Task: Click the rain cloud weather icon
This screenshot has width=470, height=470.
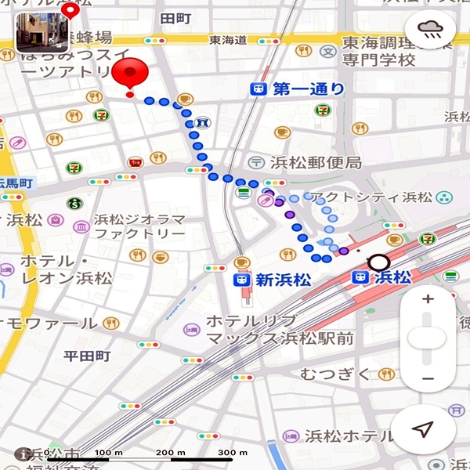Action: point(430,31)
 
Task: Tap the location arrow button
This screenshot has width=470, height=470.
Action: point(423,429)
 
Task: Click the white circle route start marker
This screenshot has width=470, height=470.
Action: point(379,262)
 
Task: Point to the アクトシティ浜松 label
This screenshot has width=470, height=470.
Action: point(372,197)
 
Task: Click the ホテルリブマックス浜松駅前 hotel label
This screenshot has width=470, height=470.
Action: point(274,330)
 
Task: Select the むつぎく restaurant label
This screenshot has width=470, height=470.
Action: point(334,374)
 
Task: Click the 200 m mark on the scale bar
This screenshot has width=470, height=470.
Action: point(164,453)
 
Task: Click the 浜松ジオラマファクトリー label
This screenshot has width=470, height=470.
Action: point(139,226)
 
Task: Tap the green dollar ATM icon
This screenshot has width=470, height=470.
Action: point(74,204)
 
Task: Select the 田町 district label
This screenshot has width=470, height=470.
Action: point(175,16)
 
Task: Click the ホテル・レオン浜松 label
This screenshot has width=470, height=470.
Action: point(67,269)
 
